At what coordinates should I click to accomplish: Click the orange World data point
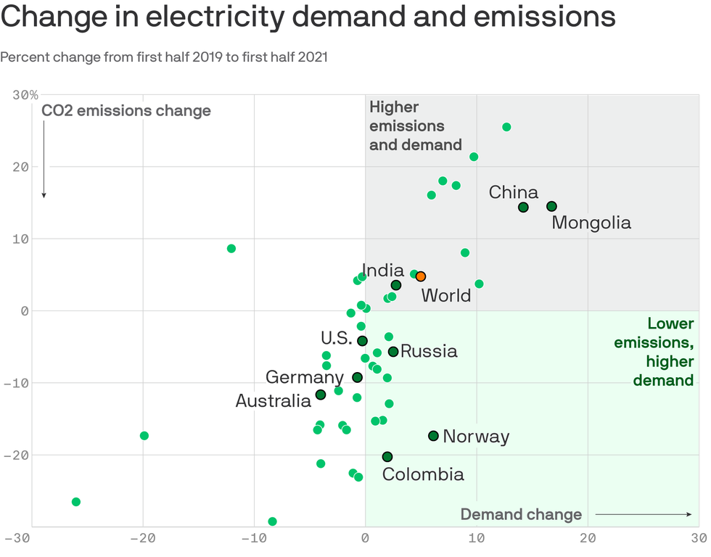pyautogui.click(x=421, y=276)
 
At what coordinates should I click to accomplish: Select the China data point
pyautogui.click(x=523, y=207)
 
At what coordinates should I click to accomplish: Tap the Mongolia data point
pyautogui.click(x=551, y=207)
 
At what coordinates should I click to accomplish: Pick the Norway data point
pyautogui.click(x=433, y=436)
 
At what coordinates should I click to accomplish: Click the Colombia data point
pyautogui.click(x=387, y=457)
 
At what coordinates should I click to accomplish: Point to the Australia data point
pyautogui.click(x=321, y=395)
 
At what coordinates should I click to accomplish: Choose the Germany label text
pyautogui.click(x=305, y=377)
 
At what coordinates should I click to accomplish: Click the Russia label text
pyautogui.click(x=429, y=352)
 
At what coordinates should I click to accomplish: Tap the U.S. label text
pyautogui.click(x=337, y=338)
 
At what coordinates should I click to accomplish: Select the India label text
pyautogui.click(x=383, y=271)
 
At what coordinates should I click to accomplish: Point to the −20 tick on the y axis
pyautogui.click(x=22, y=455)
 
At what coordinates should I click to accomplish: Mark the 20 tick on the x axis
pyautogui.click(x=588, y=538)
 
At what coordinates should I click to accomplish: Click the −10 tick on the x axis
pyautogui.click(x=253, y=538)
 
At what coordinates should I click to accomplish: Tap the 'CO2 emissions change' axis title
pyautogui.click(x=126, y=111)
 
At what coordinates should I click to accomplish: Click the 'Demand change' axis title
pyautogui.click(x=521, y=515)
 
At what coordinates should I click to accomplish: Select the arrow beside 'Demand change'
pyautogui.click(x=643, y=515)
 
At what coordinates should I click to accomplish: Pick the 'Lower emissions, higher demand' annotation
pyautogui.click(x=654, y=352)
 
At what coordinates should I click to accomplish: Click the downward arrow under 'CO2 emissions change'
pyautogui.click(x=44, y=160)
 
